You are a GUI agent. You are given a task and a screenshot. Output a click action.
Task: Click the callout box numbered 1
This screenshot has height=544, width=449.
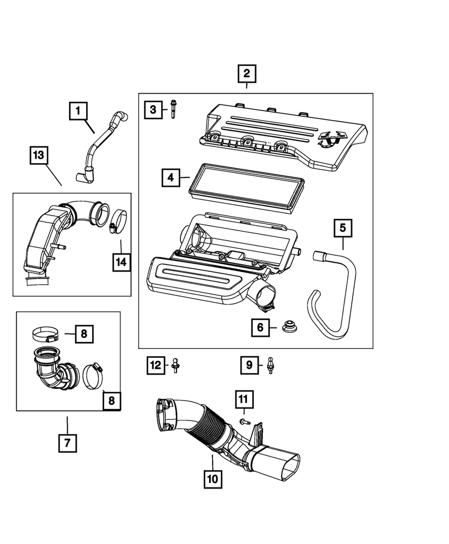(x=78, y=112)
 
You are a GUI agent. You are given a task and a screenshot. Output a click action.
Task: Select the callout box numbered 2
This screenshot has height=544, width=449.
(x=246, y=73)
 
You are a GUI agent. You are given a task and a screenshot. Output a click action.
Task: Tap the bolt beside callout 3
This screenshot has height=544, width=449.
(x=173, y=108)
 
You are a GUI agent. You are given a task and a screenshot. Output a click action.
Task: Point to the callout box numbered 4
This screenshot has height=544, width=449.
(x=171, y=177)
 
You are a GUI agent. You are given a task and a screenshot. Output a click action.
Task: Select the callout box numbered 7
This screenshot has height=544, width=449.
(x=67, y=443)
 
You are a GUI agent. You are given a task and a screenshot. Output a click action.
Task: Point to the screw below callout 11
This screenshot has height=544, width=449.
(x=243, y=421)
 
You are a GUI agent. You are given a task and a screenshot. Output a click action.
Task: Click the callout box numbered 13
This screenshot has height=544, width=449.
(x=38, y=156)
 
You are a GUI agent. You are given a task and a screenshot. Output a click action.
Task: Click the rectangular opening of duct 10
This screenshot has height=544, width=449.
(x=285, y=465)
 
